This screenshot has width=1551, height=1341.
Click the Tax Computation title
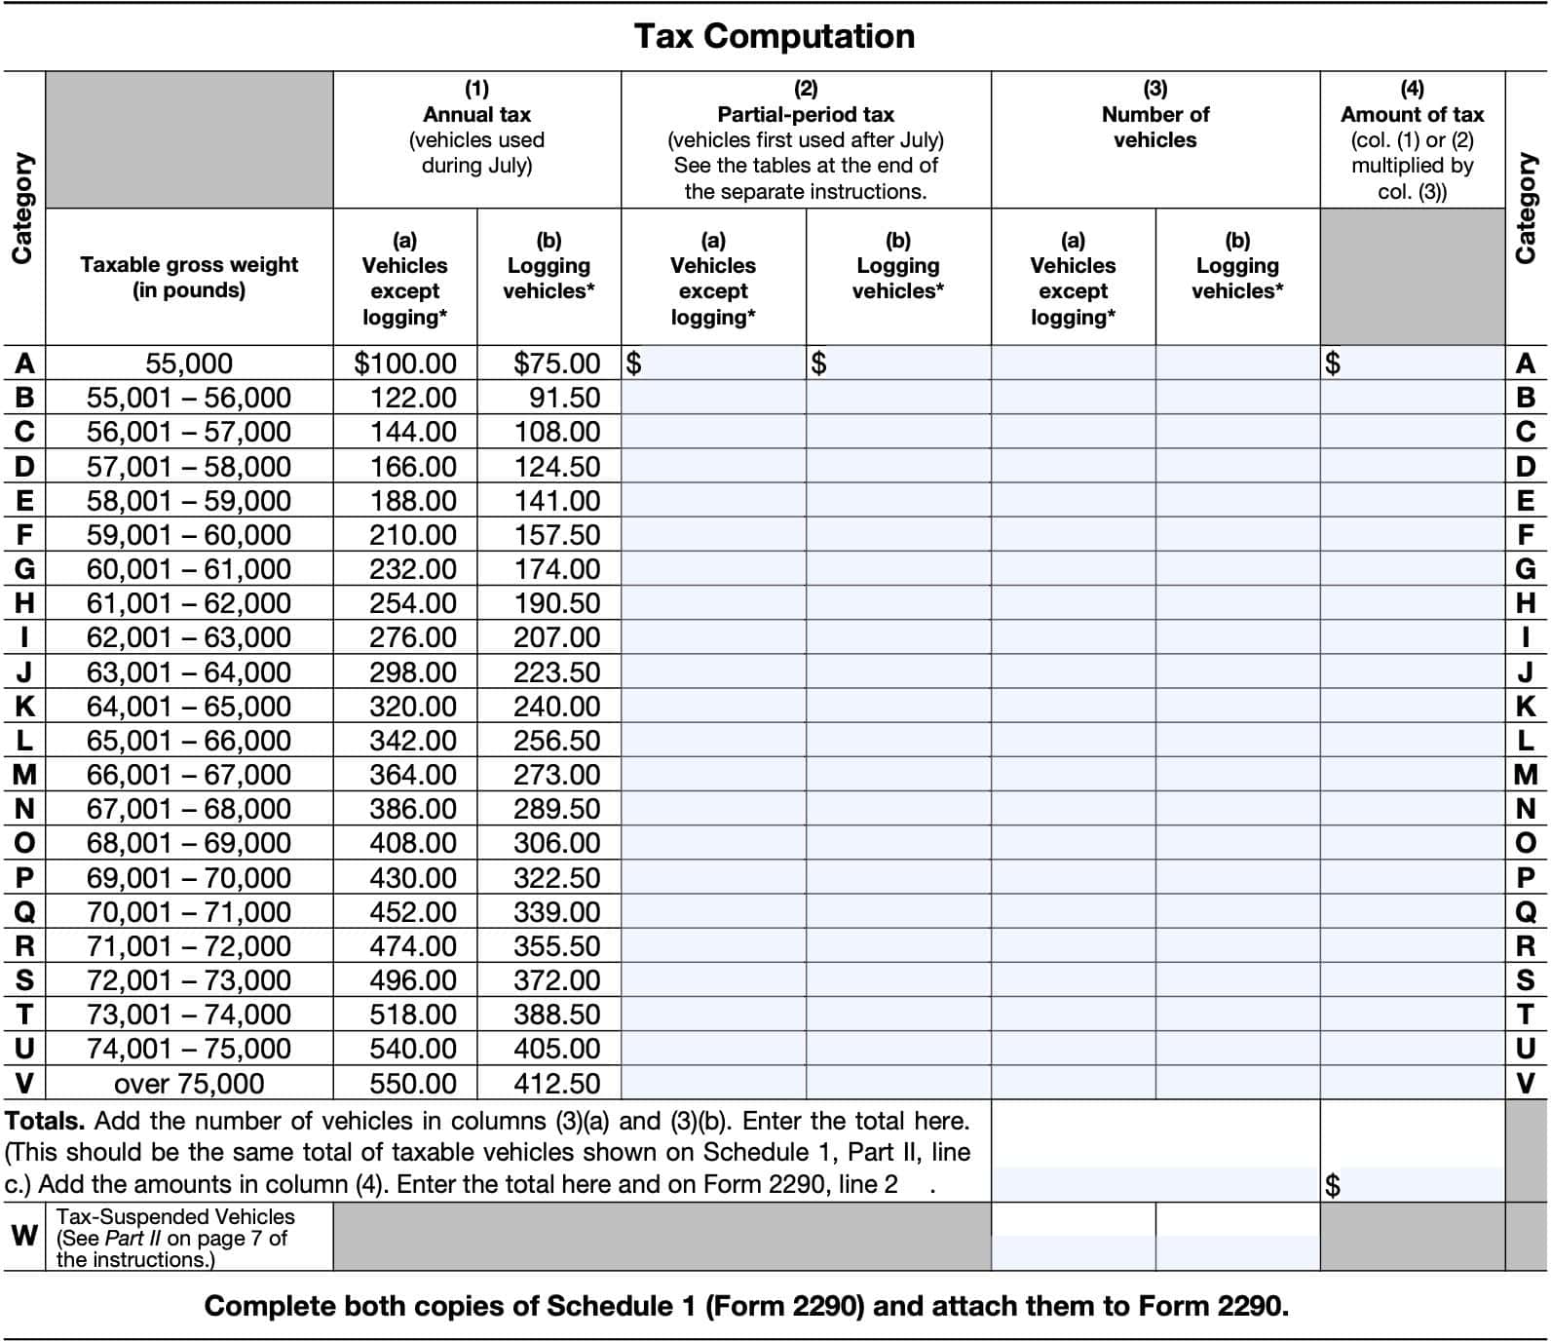point(775,37)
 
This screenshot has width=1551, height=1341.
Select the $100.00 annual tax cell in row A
point(405,364)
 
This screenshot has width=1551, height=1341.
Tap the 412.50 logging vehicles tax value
point(556,1083)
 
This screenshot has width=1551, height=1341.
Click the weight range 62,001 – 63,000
point(189,637)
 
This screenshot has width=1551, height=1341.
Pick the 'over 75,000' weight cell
point(189,1083)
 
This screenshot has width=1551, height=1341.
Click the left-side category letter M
point(24,775)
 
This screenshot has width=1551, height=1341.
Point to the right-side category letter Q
point(1526,912)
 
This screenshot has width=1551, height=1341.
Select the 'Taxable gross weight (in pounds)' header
point(189,278)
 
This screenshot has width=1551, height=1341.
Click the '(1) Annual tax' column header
point(476,127)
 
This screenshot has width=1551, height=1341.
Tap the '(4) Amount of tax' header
point(1412,139)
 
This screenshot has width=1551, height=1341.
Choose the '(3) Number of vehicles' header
point(1155,115)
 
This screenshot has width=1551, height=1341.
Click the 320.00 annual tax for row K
point(413,707)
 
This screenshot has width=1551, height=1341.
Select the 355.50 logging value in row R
point(556,946)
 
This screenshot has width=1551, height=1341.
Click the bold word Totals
point(44,1121)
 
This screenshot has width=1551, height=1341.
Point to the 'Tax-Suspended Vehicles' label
point(175,1216)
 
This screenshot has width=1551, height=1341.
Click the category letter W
point(24,1236)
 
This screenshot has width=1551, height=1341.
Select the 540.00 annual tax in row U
point(413,1049)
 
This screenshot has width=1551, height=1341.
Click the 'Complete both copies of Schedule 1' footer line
point(745,1306)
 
